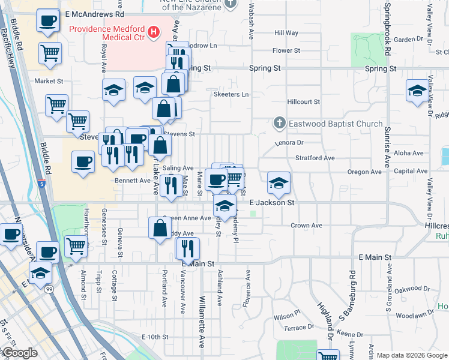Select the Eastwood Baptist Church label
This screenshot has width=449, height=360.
(336, 124)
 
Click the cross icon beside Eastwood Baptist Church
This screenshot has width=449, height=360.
(279, 124)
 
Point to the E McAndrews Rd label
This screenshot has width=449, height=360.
(94, 13)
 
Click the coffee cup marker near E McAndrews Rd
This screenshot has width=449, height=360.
(47, 22)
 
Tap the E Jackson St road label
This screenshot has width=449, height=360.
(271, 203)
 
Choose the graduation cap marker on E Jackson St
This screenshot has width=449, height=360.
(278, 184)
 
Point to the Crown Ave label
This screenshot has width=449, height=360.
(307, 226)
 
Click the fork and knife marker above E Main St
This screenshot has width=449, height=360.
(187, 248)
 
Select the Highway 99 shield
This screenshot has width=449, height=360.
(48, 289)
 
